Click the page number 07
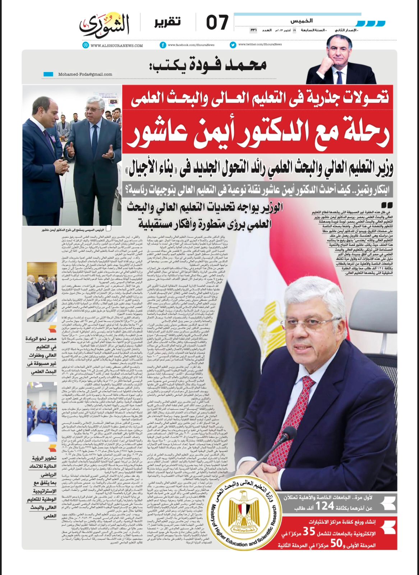217,22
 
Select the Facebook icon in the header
163,45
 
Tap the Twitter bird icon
233,45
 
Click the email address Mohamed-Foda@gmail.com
80,74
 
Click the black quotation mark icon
386,205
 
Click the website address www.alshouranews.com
116,46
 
